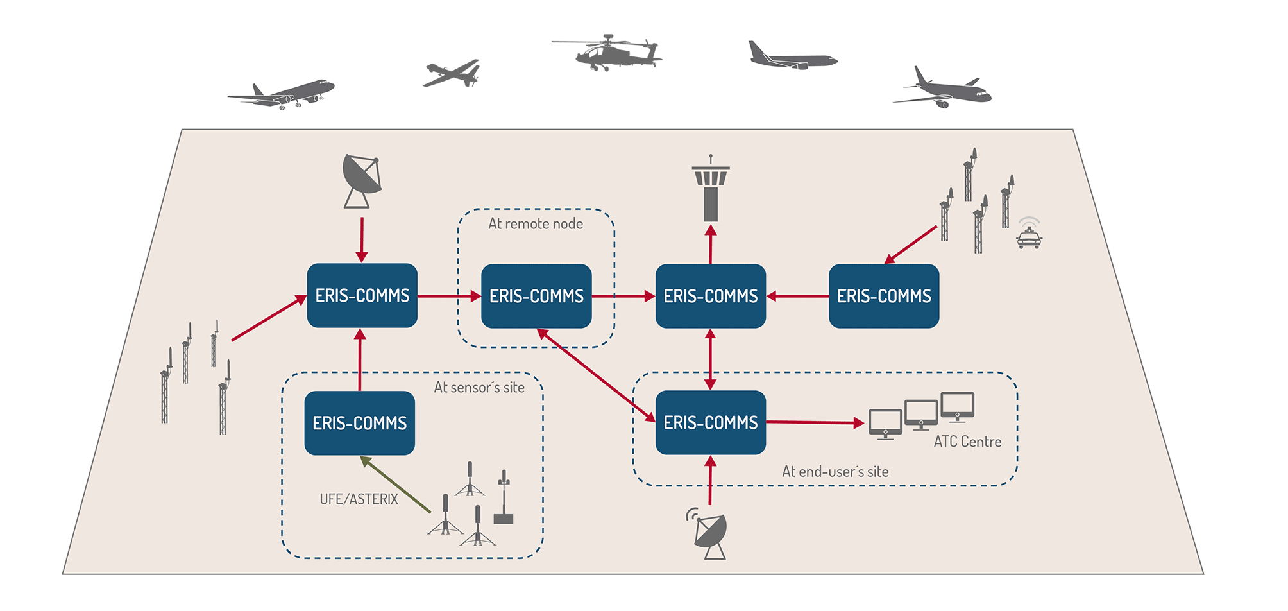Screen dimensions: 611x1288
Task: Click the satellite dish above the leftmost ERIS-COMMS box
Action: pos(362,180)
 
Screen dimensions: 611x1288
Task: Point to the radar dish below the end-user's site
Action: pos(711,534)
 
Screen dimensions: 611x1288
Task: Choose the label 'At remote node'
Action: pos(536,224)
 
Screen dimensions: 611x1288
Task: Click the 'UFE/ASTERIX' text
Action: pos(359,499)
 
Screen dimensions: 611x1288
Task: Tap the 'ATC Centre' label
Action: pos(967,442)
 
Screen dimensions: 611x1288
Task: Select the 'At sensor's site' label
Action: pos(479,388)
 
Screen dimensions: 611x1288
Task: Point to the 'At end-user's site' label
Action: pos(835,472)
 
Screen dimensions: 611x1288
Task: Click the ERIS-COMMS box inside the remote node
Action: pos(536,296)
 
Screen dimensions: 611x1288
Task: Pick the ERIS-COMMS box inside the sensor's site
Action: pos(359,423)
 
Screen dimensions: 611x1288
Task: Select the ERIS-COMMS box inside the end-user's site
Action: pos(711,422)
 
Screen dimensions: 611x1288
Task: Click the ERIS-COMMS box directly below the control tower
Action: pos(711,296)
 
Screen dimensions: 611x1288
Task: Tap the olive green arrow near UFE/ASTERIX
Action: pos(395,485)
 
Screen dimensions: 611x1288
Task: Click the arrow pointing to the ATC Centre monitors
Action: pos(815,422)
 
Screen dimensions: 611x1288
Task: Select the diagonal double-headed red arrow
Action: pos(596,375)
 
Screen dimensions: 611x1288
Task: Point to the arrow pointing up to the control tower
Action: pos(711,244)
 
